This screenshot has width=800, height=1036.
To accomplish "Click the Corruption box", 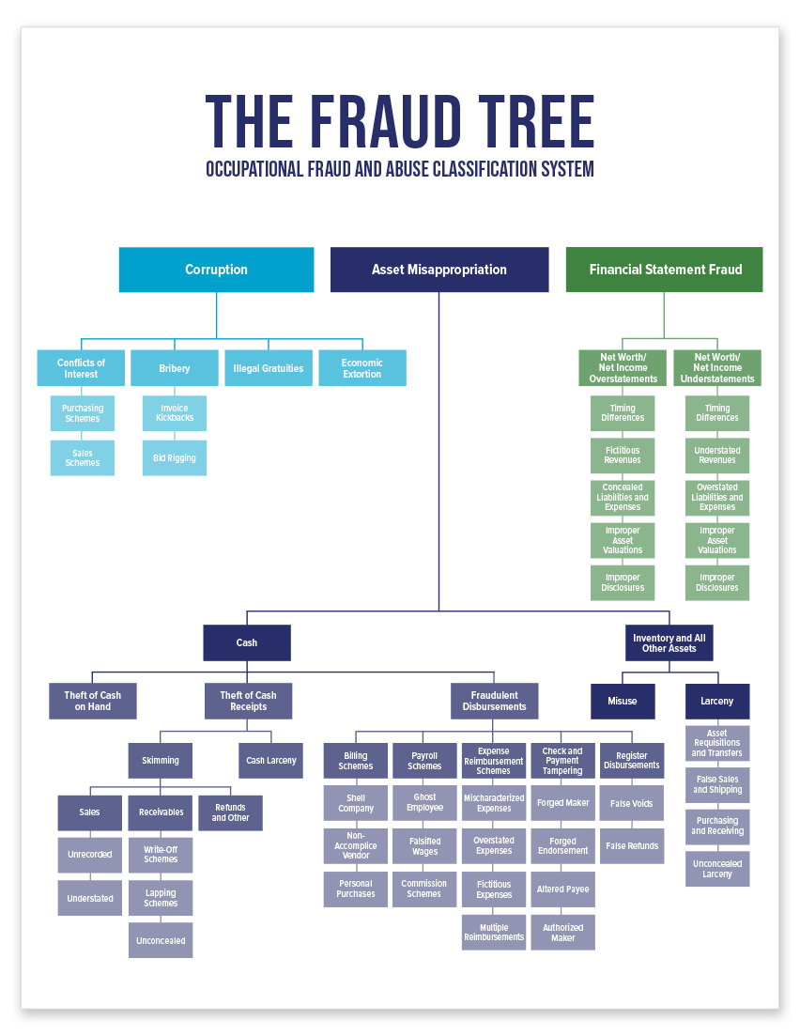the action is click(216, 270).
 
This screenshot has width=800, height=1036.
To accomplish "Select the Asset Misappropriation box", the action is click(439, 270).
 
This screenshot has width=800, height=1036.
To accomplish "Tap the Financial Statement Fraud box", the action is click(665, 270).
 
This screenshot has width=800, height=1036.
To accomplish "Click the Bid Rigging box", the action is click(175, 457).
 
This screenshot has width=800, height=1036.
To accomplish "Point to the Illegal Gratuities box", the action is click(269, 368).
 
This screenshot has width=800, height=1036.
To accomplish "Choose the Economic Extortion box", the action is click(362, 368).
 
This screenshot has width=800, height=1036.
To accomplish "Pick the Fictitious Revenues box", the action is click(623, 456).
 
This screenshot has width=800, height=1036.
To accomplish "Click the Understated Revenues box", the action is click(717, 456).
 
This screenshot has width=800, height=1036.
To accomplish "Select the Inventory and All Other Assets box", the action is click(669, 642).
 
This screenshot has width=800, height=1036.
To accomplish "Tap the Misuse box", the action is click(623, 701).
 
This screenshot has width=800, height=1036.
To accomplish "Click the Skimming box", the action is click(161, 761).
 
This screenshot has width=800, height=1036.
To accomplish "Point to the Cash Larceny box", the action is click(270, 761).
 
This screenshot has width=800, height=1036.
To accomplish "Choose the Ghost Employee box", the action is click(424, 803).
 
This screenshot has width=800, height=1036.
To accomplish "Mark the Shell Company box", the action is click(356, 803).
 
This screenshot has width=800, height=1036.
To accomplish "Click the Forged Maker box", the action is click(562, 803).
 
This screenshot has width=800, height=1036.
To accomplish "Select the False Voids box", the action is click(632, 803).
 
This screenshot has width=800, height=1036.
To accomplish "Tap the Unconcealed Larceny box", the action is click(717, 869).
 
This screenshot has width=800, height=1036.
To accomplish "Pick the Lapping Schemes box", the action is click(161, 898).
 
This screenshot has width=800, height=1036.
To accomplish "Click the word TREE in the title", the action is click(536, 121).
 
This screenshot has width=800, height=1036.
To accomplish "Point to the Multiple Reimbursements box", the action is click(494, 933).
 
